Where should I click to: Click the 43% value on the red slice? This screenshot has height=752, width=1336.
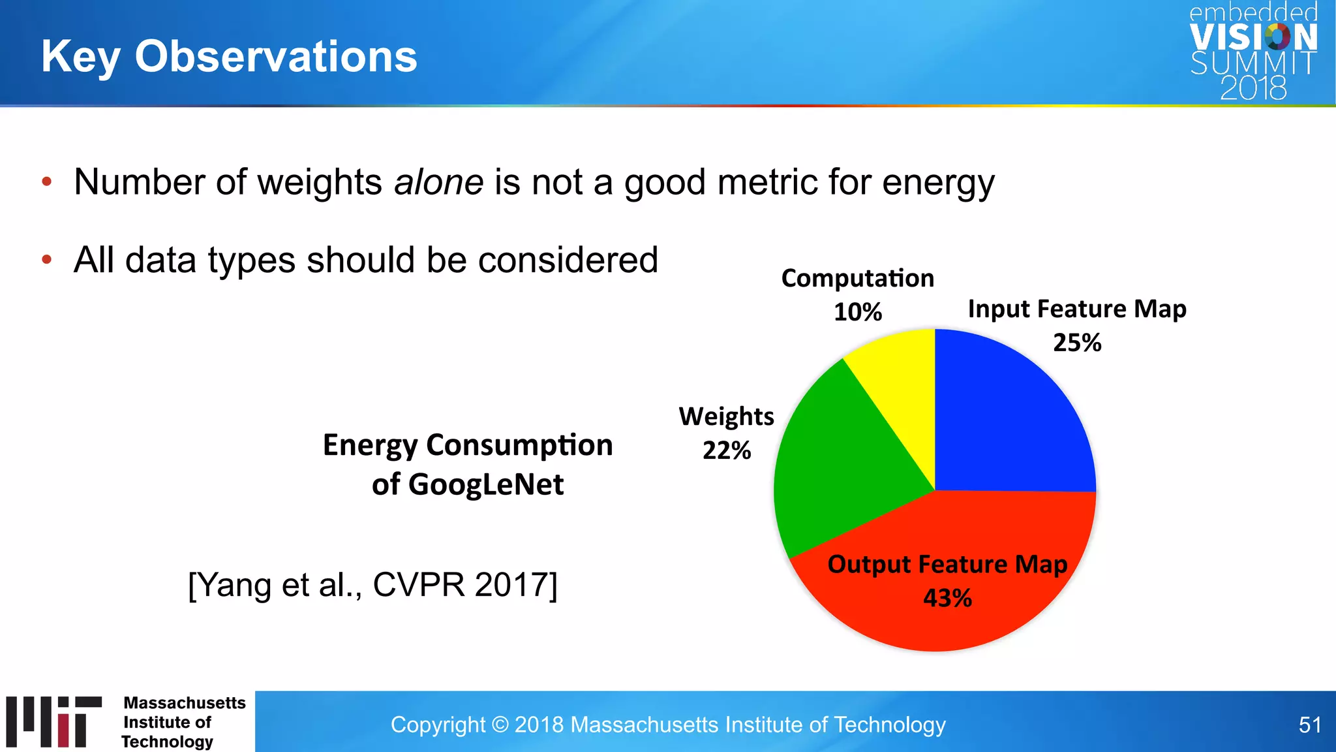[x=947, y=598]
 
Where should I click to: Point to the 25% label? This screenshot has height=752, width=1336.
[x=1077, y=343]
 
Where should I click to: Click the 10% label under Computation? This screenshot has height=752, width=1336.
[x=858, y=312]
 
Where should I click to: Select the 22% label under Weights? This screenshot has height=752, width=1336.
[x=727, y=450]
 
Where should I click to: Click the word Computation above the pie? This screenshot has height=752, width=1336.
[x=858, y=279]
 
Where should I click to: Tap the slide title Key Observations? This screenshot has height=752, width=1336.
[x=229, y=56]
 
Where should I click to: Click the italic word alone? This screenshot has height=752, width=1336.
[x=438, y=182]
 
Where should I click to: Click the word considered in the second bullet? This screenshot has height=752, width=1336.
[x=568, y=260]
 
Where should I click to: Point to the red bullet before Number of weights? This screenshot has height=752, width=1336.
[x=46, y=182]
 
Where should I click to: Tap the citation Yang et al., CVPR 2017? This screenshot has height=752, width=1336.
[x=372, y=584]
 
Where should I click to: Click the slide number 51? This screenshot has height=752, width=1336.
[x=1309, y=725]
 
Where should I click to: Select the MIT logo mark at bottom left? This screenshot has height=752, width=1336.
[x=53, y=721]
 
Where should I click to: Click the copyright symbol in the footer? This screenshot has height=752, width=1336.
[x=500, y=725]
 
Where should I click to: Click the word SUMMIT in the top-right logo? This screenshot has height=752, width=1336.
[x=1252, y=63]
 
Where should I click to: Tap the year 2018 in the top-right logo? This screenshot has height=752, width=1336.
[x=1253, y=88]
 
